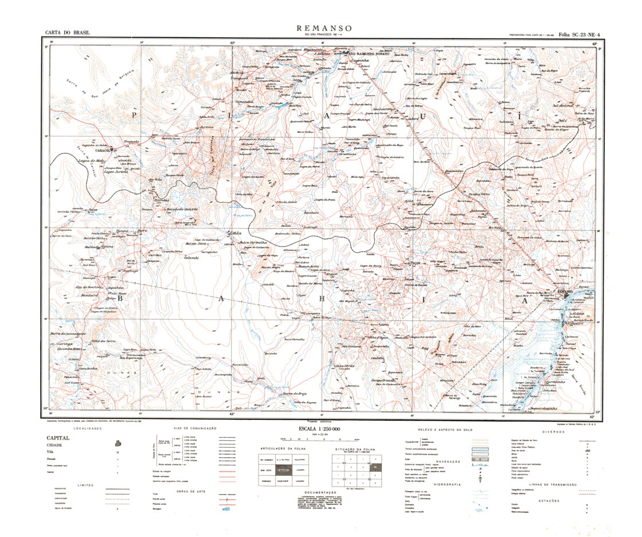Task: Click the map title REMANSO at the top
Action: click(x=324, y=28)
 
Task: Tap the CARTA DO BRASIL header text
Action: click(x=68, y=33)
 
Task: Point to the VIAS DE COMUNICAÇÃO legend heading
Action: click(x=195, y=428)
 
